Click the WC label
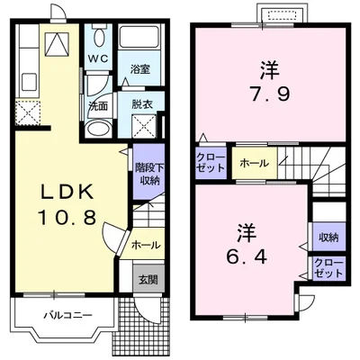click(x=97, y=61)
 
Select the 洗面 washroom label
click(x=98, y=105)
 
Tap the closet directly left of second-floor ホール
click(x=211, y=163)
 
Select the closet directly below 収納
click(x=328, y=267)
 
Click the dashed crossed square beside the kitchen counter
click(x=27, y=113)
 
